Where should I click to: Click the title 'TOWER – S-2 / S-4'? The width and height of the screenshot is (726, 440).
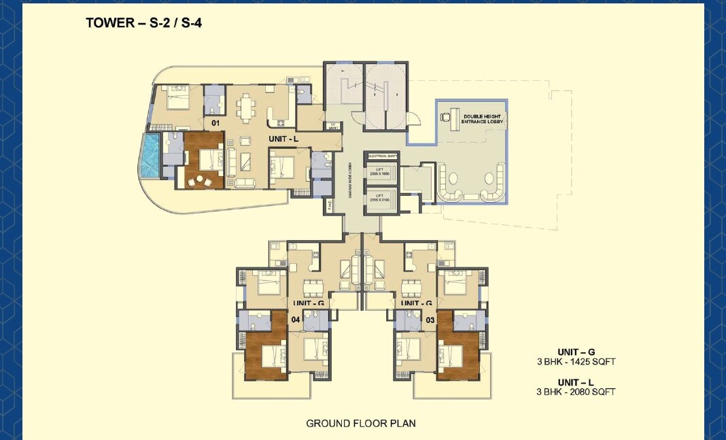[x=143, y=22]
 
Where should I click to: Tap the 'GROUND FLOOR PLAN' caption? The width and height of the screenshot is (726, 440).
[x=360, y=423]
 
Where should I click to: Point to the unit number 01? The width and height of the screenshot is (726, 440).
[x=215, y=123]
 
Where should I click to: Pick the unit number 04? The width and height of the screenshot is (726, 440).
[x=296, y=319]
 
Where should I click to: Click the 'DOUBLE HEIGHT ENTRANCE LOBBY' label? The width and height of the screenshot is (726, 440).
[x=483, y=119]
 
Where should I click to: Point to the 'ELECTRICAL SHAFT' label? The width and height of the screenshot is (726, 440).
[x=381, y=156]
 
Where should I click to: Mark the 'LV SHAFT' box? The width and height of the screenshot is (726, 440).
[x=333, y=125]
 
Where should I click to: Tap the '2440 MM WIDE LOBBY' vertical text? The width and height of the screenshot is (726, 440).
[x=349, y=181]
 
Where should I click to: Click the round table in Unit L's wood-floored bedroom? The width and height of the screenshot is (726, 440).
[x=201, y=180]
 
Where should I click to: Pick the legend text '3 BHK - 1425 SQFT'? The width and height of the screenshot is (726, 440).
[x=576, y=362]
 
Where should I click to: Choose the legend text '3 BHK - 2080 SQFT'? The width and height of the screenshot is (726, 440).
[x=576, y=392]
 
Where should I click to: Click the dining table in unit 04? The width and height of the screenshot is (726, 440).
[x=313, y=286]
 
